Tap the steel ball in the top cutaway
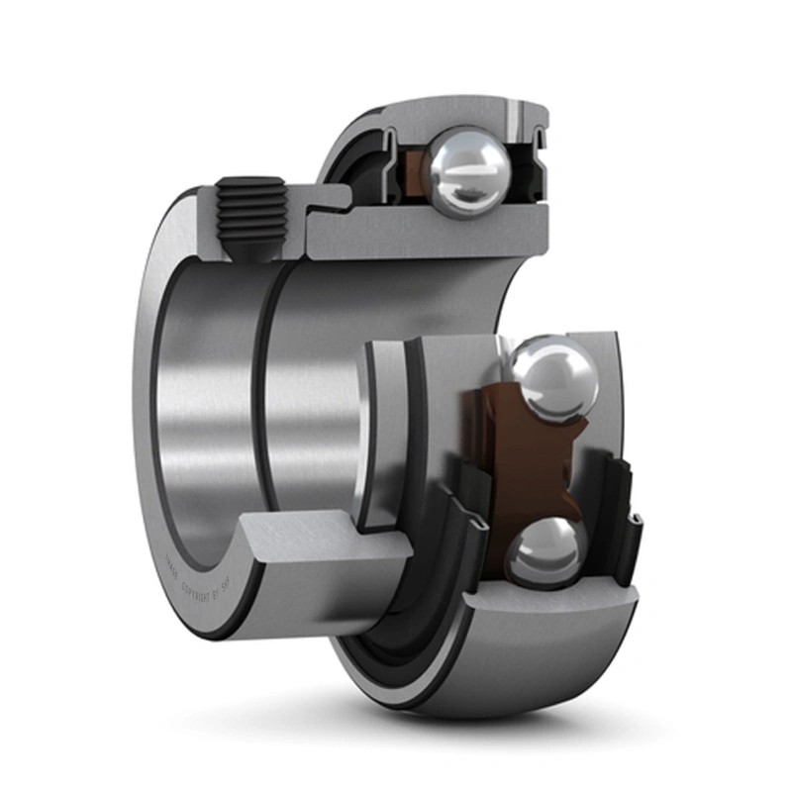(x=466, y=172)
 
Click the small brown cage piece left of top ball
(x=410, y=164)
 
